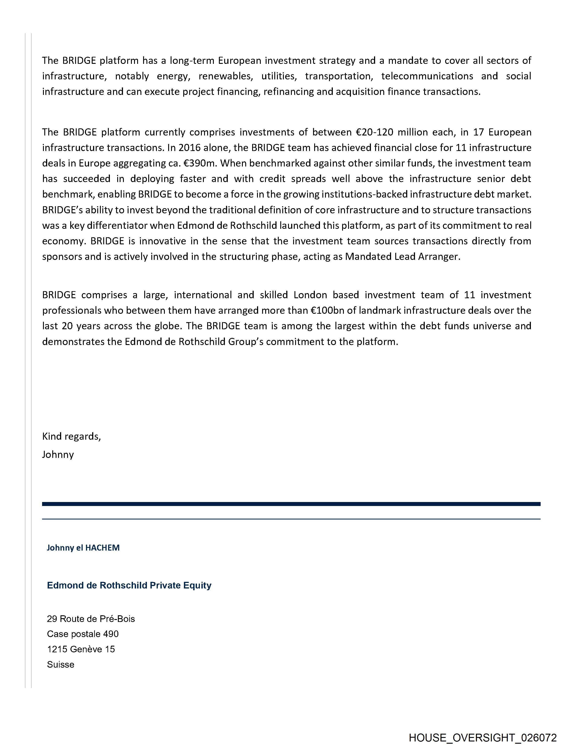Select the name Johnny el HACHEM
(x=83, y=547)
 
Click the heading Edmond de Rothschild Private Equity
(x=129, y=585)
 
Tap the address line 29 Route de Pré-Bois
(x=91, y=619)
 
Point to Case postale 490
(x=83, y=634)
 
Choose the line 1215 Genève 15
(x=81, y=649)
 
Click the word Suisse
(x=60, y=664)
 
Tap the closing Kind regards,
(x=71, y=436)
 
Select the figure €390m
(x=201, y=163)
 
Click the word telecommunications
(x=427, y=76)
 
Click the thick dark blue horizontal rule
(x=291, y=504)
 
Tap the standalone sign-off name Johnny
(x=58, y=455)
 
